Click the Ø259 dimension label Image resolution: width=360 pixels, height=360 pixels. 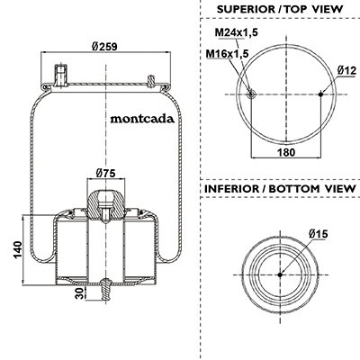tap(104, 46)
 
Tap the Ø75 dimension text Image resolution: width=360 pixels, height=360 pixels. tap(105, 173)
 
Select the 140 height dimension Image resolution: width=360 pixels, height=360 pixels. tap(17, 249)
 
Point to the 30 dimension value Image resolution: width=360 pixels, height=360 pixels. tap(79, 293)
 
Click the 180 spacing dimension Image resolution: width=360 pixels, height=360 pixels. tap(286, 152)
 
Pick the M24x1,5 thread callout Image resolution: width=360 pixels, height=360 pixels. tap(236, 32)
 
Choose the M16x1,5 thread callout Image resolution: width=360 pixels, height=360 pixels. tap(227, 54)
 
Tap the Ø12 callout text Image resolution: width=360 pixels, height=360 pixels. tap(346, 70)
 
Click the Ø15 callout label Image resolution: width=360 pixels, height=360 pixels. tap(318, 234)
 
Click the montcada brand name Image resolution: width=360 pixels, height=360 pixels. tap(142, 119)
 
